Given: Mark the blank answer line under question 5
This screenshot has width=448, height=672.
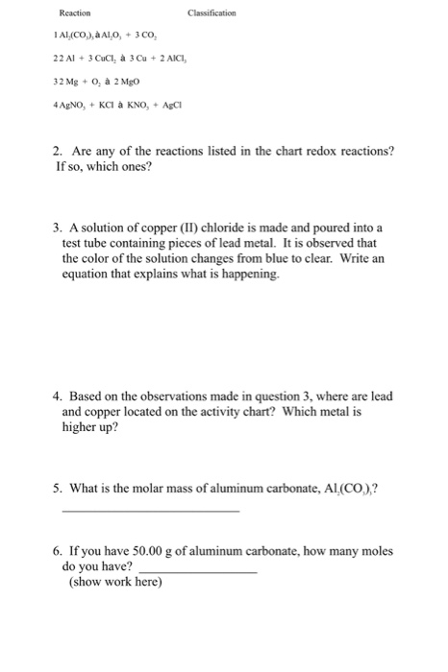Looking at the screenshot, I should coord(150,511).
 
